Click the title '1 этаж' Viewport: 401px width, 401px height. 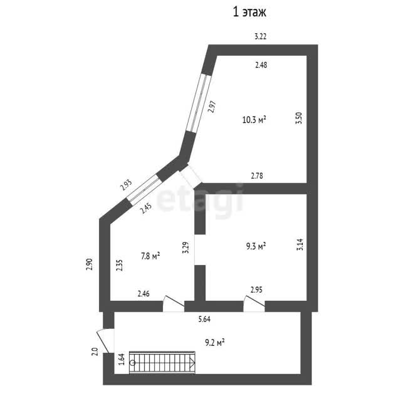[249, 12]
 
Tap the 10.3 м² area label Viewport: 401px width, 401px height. [254, 120]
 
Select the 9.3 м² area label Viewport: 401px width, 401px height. [256, 246]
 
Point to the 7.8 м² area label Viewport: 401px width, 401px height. [150, 256]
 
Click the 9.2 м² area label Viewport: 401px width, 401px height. [215, 343]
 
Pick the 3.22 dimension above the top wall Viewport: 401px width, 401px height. [261, 36]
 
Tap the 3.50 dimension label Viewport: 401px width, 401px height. [299, 118]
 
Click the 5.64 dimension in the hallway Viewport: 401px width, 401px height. [204, 319]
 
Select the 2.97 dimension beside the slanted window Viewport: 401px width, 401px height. [212, 107]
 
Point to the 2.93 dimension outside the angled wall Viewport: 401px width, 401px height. [127, 185]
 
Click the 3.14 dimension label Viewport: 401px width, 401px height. [299, 244]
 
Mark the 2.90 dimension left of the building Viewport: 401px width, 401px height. [89, 264]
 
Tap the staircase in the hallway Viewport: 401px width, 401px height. [162, 363]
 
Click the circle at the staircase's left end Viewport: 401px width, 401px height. [132, 363]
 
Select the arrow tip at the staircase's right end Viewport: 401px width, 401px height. [195, 363]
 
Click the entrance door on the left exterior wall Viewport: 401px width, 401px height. [105, 341]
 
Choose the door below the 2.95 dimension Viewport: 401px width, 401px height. [254, 304]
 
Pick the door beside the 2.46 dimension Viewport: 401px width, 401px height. [174, 304]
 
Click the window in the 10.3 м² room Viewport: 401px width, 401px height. [199, 103]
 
